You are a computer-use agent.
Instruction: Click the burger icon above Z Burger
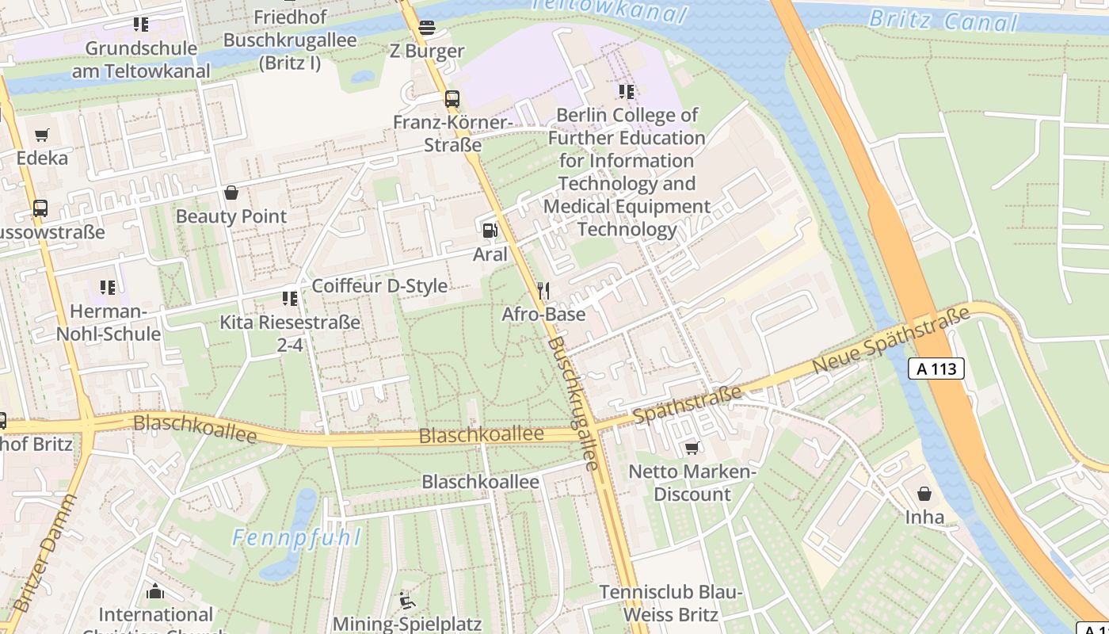point(427,28)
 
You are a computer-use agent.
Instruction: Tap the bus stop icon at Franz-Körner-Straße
point(452,99)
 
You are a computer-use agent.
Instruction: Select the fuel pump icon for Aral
point(490,231)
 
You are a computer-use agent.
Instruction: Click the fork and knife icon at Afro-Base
point(543,290)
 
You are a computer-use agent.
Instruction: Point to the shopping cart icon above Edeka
point(42,135)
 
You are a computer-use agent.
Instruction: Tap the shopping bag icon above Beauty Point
point(231,193)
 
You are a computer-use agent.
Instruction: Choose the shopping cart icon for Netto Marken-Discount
point(692,449)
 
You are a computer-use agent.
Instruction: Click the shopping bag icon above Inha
point(924,494)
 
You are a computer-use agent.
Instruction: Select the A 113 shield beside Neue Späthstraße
point(936,369)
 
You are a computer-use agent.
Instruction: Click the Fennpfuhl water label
point(296,538)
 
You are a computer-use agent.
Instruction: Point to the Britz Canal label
point(942,20)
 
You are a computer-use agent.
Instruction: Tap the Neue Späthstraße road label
point(891,342)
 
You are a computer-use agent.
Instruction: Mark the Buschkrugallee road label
point(573,403)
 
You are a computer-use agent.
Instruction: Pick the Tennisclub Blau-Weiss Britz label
point(670,603)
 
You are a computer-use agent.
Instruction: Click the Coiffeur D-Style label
point(379,286)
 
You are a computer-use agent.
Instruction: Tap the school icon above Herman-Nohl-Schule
point(108,287)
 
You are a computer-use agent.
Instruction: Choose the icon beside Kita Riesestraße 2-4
point(290,299)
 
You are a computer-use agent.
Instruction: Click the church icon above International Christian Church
point(156,591)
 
